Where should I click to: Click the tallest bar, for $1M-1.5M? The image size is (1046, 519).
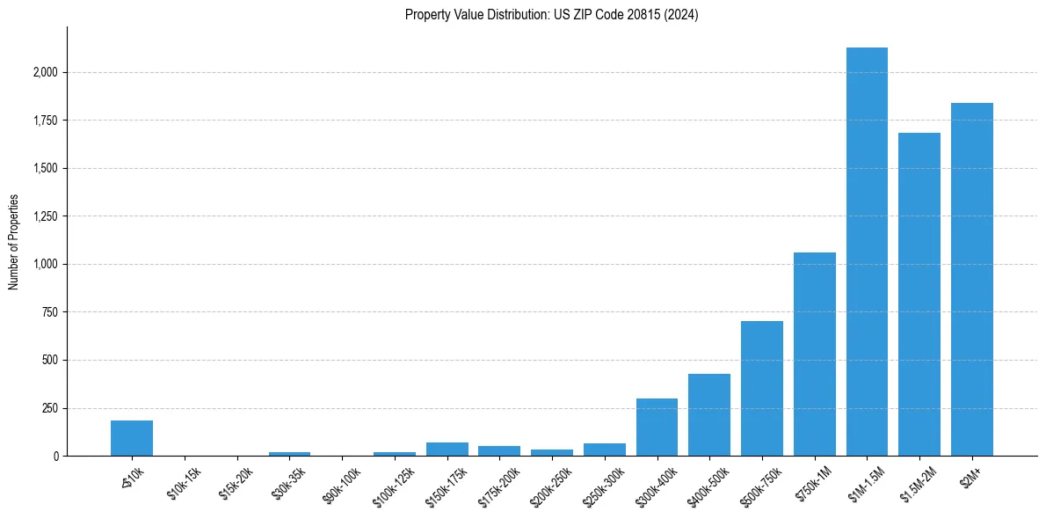coord(867,252)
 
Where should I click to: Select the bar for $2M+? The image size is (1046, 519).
coord(972,280)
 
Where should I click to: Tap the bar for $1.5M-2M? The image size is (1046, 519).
coord(919,295)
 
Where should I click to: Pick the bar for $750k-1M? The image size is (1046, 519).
coord(815,355)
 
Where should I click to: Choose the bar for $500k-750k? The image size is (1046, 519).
coord(762,389)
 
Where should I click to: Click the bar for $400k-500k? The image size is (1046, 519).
coord(709,415)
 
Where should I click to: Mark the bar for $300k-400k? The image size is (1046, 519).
coord(657,428)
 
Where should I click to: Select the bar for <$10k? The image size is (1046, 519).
coord(132,438)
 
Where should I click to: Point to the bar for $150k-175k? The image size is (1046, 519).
coord(447,450)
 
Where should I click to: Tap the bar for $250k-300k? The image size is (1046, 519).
coord(605,450)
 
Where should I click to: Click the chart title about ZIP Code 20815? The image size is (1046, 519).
coord(551,15)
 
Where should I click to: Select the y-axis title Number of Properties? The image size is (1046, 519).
coord(14,242)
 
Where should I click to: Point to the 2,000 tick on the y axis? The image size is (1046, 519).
coord(44,72)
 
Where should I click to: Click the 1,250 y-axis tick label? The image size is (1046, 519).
coord(44,216)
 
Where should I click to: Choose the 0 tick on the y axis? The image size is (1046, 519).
coord(55,456)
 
